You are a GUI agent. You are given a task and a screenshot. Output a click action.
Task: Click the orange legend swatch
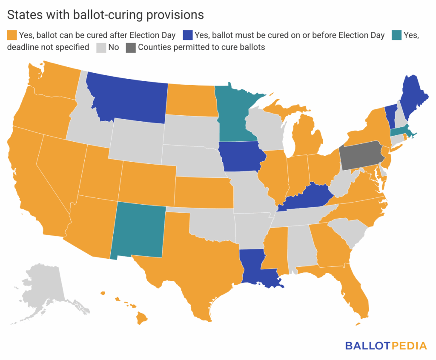coord(11,35)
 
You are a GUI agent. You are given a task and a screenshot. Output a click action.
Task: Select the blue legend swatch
coord(187,35)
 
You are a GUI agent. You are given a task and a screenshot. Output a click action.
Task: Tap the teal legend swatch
coord(395,35)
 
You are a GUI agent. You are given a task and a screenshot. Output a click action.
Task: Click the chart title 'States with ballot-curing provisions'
coord(106,15)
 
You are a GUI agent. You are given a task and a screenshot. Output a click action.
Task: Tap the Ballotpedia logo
coord(386,346)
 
